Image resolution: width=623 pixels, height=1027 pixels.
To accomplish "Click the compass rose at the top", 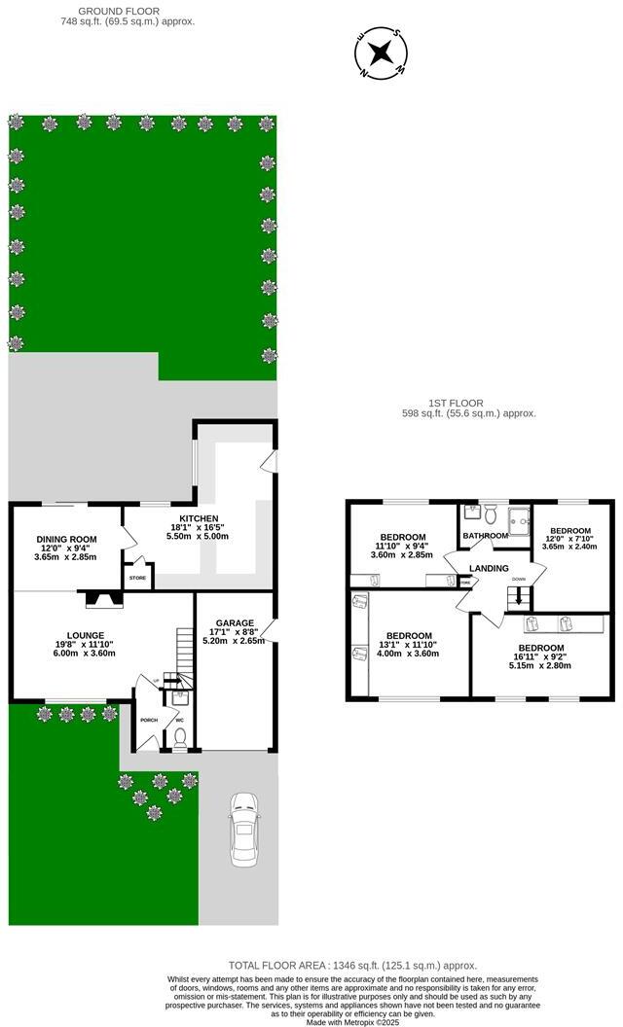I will pos(382,53).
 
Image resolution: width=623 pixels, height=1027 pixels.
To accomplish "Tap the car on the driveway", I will pos(243,829).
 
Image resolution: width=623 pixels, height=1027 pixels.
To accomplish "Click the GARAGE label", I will pos(235,623).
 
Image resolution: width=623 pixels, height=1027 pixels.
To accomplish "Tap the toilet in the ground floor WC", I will pos(178,736).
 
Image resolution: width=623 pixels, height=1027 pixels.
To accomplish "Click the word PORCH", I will pos(149,721).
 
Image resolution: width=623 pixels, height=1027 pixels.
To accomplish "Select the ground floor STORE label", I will pos(138,578).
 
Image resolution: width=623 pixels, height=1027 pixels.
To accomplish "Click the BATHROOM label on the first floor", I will pos(485,536).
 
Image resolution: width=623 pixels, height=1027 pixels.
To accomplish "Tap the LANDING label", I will pos(489,568).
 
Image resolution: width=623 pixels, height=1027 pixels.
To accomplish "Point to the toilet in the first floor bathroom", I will pos(490,513).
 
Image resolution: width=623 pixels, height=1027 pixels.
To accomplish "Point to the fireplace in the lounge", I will pos(100,600).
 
